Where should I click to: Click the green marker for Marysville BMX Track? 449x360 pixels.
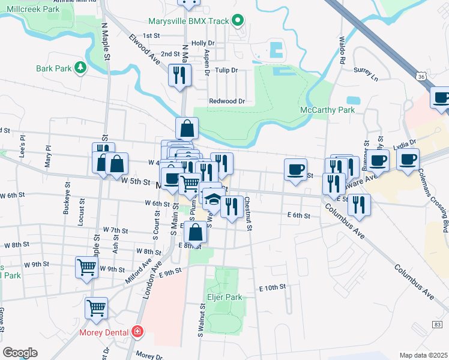pyautogui.click(x=238, y=21)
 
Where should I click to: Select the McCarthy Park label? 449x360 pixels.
pyautogui.click(x=327, y=110)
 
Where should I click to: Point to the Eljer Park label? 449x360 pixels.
pyautogui.click(x=225, y=297)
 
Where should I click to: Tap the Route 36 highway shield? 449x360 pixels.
pyautogui.click(x=421, y=76)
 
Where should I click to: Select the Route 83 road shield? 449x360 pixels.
pyautogui.click(x=436, y=325)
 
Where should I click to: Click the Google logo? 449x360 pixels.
pyautogui.click(x=20, y=353)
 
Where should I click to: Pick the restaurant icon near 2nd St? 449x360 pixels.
pyautogui.click(x=179, y=74)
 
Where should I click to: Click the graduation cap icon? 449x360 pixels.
pyautogui.click(x=212, y=199)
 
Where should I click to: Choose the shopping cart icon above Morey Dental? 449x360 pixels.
pyautogui.click(x=96, y=308)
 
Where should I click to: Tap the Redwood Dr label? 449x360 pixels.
pyautogui.click(x=227, y=101)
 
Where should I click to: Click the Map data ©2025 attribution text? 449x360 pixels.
pyautogui.click(x=423, y=355)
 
